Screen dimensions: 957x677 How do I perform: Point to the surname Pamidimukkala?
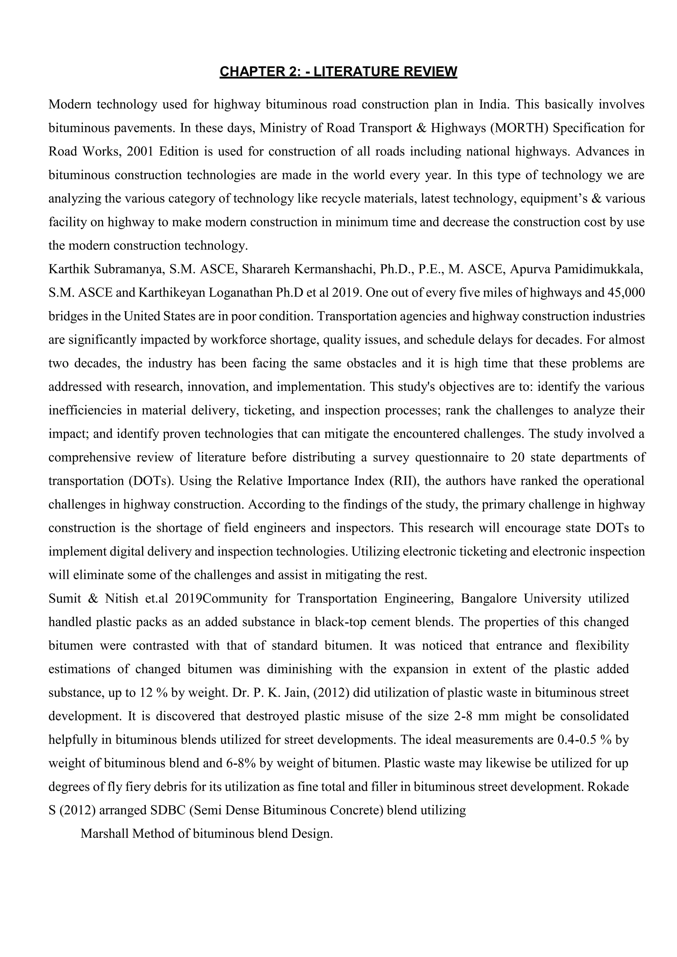tap(598, 269)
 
